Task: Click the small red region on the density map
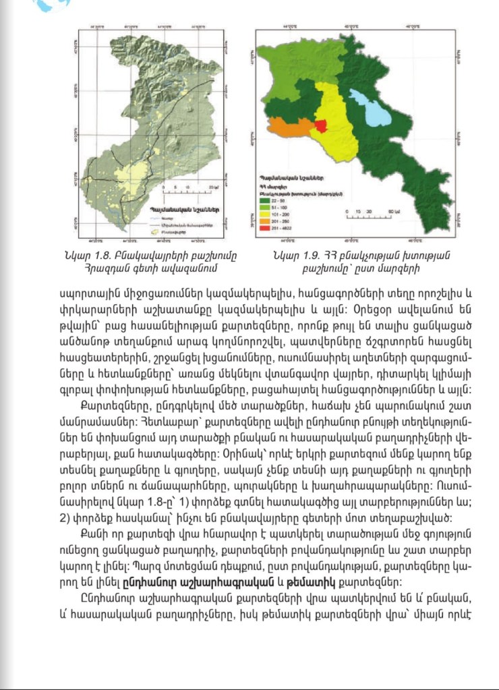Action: [x=320, y=127]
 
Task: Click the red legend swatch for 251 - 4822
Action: [x=264, y=229]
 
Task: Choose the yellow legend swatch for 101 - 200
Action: [x=264, y=215]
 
